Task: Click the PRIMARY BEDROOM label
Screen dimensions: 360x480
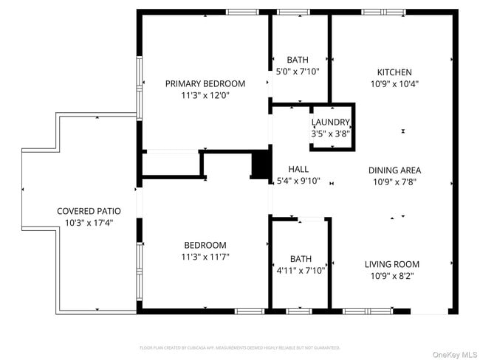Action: [x=205, y=83]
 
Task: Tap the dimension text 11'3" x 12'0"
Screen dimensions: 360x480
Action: [x=205, y=95]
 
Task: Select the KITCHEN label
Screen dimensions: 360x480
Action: [x=394, y=72]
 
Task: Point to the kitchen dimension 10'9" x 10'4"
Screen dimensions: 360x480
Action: [x=394, y=84]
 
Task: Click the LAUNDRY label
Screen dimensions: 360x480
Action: [x=330, y=122]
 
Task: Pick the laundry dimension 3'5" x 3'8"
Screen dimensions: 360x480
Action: [x=330, y=134]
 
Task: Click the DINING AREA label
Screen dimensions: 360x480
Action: [x=394, y=170]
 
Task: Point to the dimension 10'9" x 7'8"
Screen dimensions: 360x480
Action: [x=394, y=181]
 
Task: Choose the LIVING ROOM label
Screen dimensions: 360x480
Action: [x=391, y=264]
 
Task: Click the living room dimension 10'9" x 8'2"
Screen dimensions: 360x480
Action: [x=391, y=276]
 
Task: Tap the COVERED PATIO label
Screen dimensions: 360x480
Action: [x=89, y=211]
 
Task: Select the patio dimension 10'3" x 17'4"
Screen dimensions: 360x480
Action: [x=89, y=223]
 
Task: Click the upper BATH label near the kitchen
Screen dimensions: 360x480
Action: [x=298, y=60]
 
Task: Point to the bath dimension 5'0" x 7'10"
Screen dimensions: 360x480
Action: [x=298, y=72]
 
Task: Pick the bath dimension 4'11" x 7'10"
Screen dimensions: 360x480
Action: [x=301, y=271]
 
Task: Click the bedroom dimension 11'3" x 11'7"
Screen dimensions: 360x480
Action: [x=205, y=257]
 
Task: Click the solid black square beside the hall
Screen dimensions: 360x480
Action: [x=261, y=165]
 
